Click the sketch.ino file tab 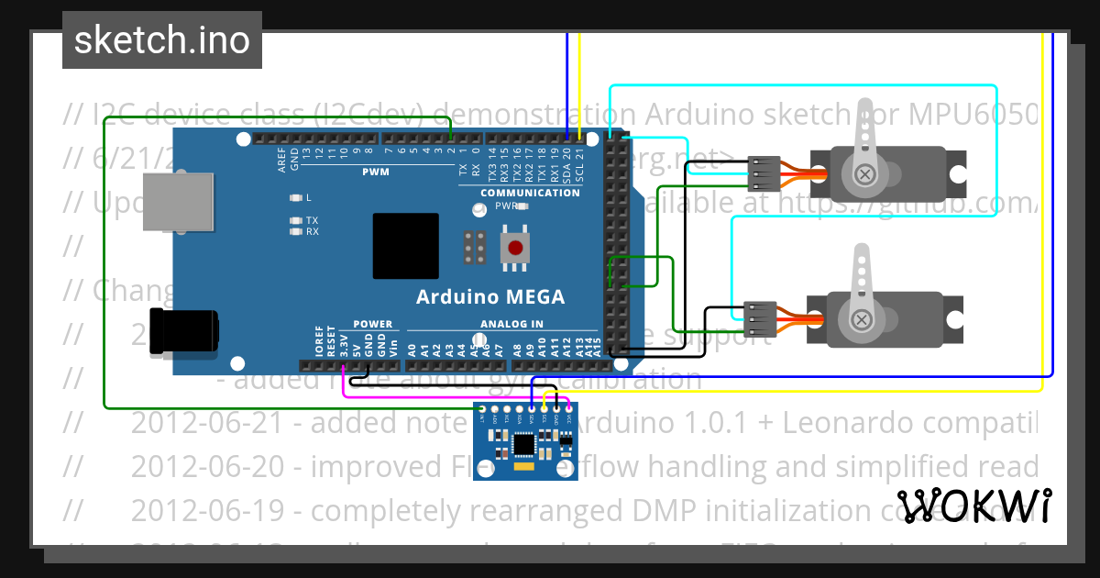pyautogui.click(x=161, y=40)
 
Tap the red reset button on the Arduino pyautogui.click(x=516, y=247)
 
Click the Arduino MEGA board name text pyautogui.click(x=490, y=296)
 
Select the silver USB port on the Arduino pyautogui.click(x=158, y=199)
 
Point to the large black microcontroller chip pyautogui.click(x=406, y=247)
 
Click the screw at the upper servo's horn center pyautogui.click(x=863, y=173)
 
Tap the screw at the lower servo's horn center pyautogui.click(x=862, y=318)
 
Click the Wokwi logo pyautogui.click(x=974, y=506)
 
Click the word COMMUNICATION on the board pyautogui.click(x=530, y=193)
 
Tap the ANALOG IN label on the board pyautogui.click(x=511, y=324)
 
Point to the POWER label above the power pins pyautogui.click(x=372, y=324)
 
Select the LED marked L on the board pyautogui.click(x=295, y=198)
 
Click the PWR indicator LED pyautogui.click(x=522, y=206)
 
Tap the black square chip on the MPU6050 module pyautogui.click(x=523, y=444)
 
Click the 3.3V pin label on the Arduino pyautogui.click(x=344, y=344)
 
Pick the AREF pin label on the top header pyautogui.click(x=282, y=161)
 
